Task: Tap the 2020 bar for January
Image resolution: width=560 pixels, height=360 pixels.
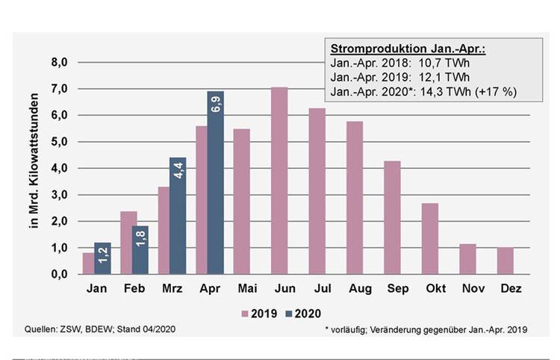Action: [x=102, y=258]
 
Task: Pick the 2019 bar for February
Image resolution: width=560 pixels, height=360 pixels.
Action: [x=128, y=243]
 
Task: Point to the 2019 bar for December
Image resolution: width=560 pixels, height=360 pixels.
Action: [x=505, y=261]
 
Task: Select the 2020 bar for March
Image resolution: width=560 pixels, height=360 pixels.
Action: [x=178, y=216]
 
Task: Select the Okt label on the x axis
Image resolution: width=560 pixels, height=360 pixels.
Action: [x=429, y=288]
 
